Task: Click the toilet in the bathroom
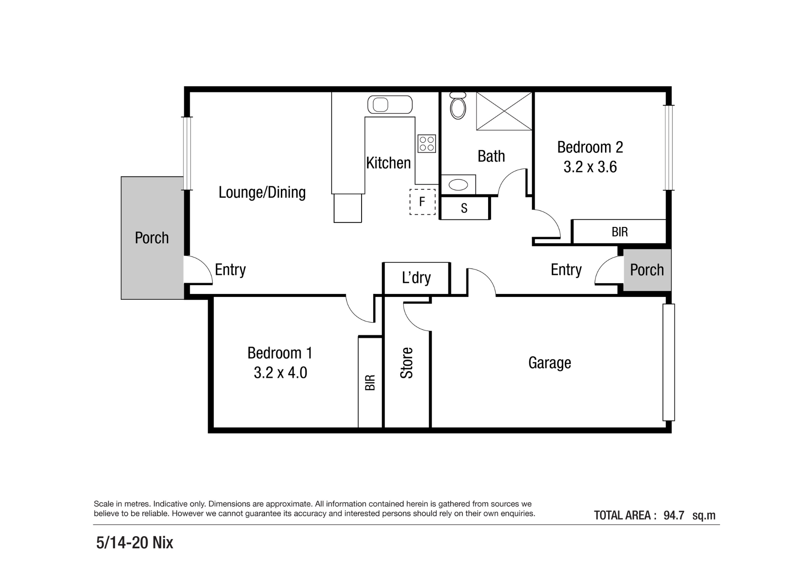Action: [x=458, y=107]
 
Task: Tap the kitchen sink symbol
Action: [x=390, y=105]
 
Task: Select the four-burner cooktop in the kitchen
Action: [x=427, y=144]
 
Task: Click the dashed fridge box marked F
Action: [x=422, y=202]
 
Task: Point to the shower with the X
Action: [x=504, y=111]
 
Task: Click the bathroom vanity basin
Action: [x=458, y=184]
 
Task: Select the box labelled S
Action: [x=464, y=208]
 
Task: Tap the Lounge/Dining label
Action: [x=262, y=192]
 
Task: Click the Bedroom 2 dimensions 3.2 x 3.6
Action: [x=590, y=167]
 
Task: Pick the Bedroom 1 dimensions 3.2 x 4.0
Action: [x=280, y=372]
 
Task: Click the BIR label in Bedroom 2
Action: [x=619, y=232]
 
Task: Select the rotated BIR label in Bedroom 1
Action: [x=370, y=382]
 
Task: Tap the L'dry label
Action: [x=416, y=278]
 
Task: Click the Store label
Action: [x=407, y=363]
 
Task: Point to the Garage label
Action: [x=549, y=363]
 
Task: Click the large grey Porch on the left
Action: [x=152, y=238]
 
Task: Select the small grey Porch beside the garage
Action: [x=647, y=270]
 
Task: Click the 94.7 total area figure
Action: [x=674, y=515]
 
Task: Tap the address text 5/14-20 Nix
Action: [x=134, y=543]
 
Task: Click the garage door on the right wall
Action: [x=668, y=362]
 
